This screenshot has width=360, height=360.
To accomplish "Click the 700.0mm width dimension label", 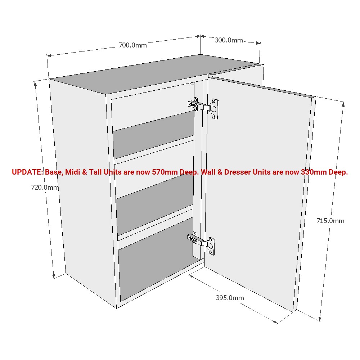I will click(x=132, y=45).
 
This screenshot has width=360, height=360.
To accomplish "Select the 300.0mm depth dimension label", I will click(x=229, y=40).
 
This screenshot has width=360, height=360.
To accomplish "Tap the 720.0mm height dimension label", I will click(x=45, y=187).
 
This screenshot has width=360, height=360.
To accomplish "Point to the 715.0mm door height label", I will click(x=330, y=221).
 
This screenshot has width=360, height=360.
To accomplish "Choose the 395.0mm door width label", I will click(x=230, y=298).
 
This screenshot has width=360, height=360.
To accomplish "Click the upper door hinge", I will click(x=204, y=107).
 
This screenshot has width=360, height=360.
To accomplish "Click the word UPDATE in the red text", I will click(x=27, y=172).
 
